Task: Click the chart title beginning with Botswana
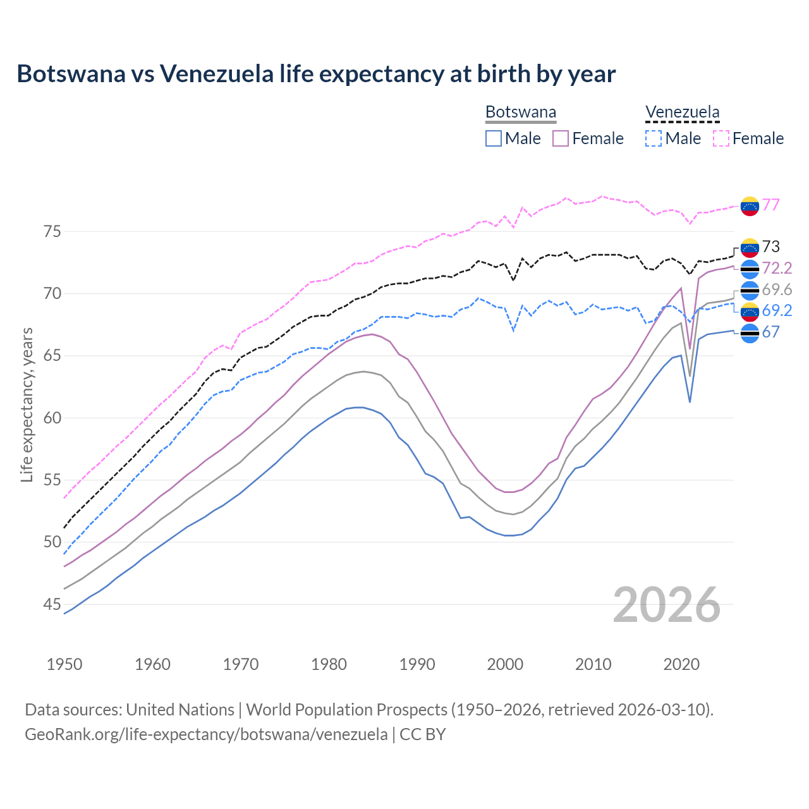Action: tap(316, 74)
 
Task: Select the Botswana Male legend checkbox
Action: tap(494, 138)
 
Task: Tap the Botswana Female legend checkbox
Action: tap(561, 138)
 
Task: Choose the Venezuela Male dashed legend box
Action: tap(654, 138)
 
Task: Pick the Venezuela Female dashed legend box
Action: tap(721, 138)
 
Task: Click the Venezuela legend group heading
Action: tap(682, 113)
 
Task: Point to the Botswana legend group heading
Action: tap(521, 113)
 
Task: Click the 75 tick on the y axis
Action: tap(52, 231)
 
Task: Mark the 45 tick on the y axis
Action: tap(52, 604)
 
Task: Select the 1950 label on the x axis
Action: tap(64, 664)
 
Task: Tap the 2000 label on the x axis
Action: tap(505, 664)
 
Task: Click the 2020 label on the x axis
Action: tap(681, 664)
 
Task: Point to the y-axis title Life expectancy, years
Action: tap(27, 404)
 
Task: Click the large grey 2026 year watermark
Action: tap(666, 605)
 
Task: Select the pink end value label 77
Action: tap(770, 205)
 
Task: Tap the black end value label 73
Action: tap(770, 246)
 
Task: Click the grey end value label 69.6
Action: tap(777, 289)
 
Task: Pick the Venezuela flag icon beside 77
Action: tap(750, 205)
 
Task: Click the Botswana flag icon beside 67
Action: tap(750, 333)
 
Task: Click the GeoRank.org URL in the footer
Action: tap(206, 734)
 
